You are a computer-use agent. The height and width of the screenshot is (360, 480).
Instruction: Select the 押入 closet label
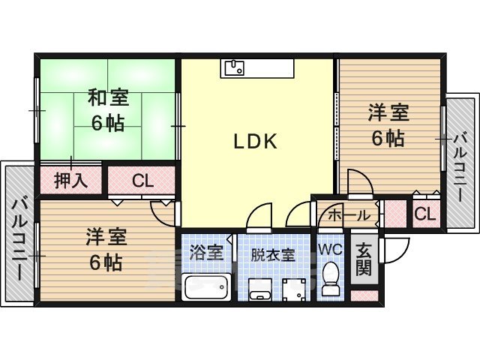point(71,180)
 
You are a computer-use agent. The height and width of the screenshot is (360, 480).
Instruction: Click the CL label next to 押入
point(141,181)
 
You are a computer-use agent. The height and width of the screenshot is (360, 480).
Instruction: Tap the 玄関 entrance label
point(364,259)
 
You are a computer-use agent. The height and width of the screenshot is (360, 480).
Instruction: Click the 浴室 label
point(206,253)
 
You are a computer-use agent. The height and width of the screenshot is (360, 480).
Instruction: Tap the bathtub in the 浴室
point(205,286)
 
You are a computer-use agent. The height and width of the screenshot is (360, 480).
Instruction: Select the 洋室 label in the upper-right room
point(388,114)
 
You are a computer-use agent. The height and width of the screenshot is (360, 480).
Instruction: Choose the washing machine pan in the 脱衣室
point(295,287)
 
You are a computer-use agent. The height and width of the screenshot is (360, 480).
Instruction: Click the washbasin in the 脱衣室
point(259,289)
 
